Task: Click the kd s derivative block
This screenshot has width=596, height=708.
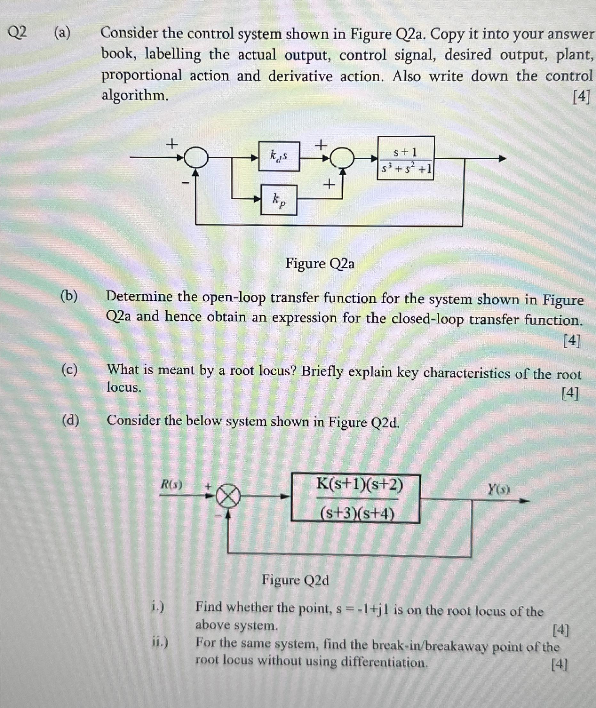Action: (279, 156)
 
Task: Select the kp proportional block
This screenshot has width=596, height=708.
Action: (279, 200)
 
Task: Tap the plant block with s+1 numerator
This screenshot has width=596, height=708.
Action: (405, 158)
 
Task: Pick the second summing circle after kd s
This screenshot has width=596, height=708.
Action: (342, 158)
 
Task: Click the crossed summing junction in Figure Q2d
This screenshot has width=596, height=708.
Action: (228, 497)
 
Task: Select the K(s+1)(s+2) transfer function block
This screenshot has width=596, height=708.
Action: (355, 499)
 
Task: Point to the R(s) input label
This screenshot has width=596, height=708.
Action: (171, 485)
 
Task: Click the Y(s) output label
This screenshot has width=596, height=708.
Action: (498, 489)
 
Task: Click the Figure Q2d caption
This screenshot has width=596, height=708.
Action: (295, 581)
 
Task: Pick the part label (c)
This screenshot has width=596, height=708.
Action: (69, 370)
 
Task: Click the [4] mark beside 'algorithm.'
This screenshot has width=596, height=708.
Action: (581, 98)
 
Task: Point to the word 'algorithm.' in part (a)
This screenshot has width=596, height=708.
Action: (135, 96)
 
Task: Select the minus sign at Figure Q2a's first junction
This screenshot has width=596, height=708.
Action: (185, 183)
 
